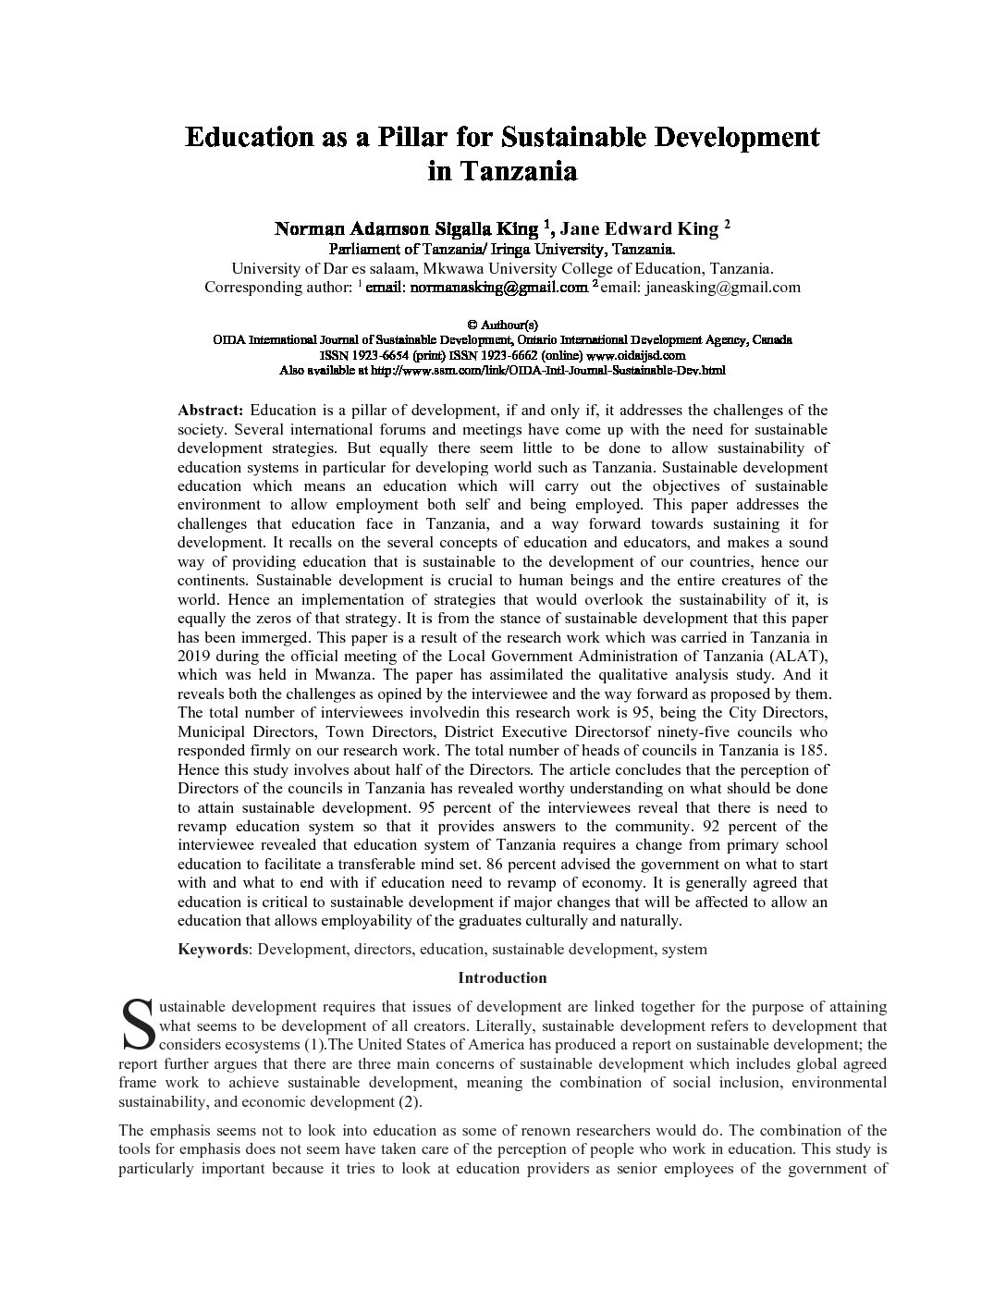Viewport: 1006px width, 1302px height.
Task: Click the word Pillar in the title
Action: pos(412,137)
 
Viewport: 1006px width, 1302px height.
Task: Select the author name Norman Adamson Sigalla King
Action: pos(406,228)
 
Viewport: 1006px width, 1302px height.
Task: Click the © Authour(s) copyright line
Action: pos(502,325)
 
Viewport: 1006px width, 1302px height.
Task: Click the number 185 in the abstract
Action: pos(812,751)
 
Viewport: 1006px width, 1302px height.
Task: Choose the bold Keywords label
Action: pos(213,949)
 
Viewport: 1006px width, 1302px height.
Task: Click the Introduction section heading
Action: pos(502,977)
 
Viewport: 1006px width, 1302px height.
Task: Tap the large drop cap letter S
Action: pos(138,1025)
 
